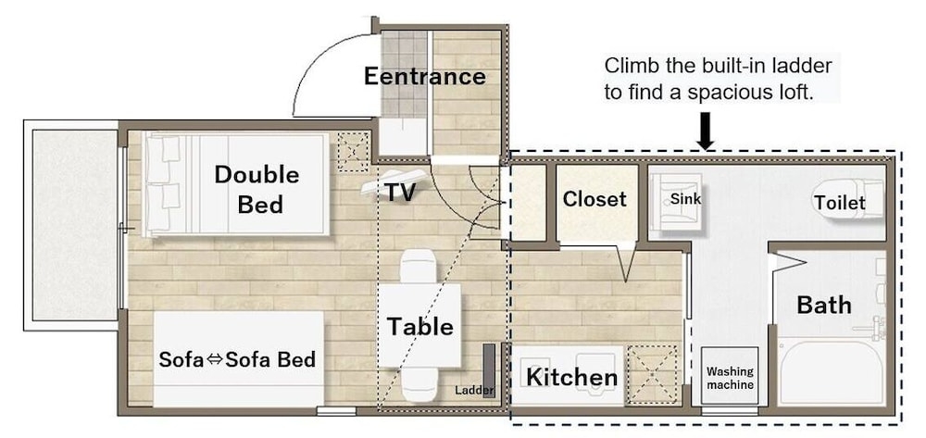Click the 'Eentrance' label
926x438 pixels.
(425, 77)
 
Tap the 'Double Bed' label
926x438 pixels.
(257, 190)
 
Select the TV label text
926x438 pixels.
(401, 192)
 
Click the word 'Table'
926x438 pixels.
(419, 327)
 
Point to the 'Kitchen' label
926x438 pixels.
(571, 377)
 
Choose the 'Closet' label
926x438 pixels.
(594, 199)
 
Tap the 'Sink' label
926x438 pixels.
(685, 199)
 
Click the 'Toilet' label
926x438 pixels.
(839, 203)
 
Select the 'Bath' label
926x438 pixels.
(824, 306)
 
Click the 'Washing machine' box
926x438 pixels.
(730, 377)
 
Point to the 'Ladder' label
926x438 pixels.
(474, 390)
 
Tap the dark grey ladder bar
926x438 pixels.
(488, 370)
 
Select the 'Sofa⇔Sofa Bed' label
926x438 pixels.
(237, 359)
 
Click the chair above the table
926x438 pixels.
(419, 268)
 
